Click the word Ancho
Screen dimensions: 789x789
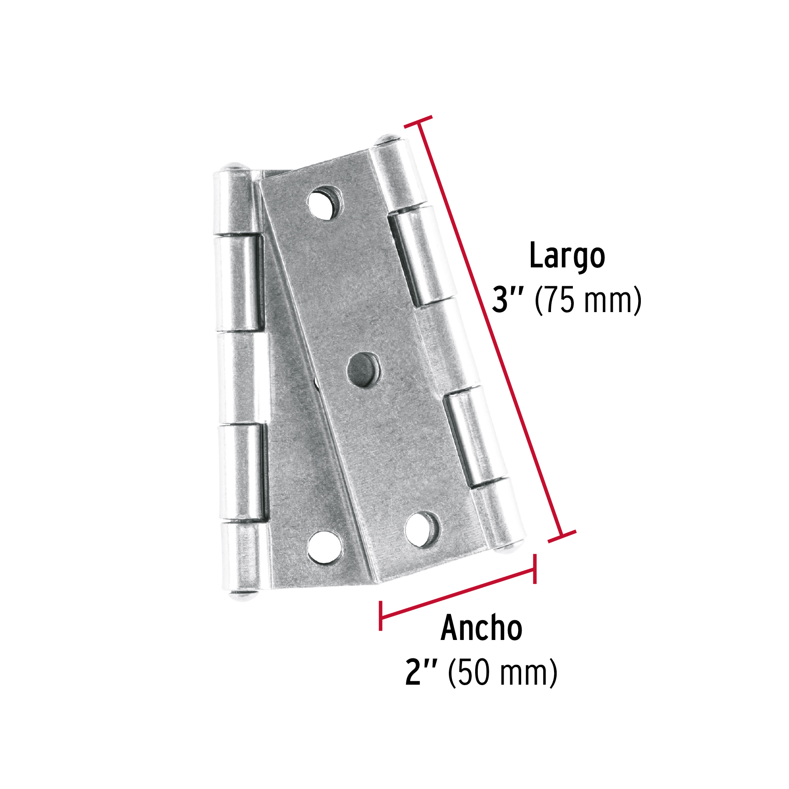[481, 629]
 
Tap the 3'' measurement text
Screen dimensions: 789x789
[508, 301]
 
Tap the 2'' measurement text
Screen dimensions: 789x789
[421, 672]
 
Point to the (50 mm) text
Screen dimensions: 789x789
[502, 672]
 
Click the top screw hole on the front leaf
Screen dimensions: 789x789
[325, 203]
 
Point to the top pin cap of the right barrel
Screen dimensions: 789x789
[387, 140]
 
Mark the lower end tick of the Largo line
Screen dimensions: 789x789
[562, 537]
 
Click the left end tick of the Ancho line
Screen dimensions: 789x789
[380, 616]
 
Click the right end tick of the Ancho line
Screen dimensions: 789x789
[535, 569]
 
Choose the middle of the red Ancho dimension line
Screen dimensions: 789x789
[458, 593]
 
